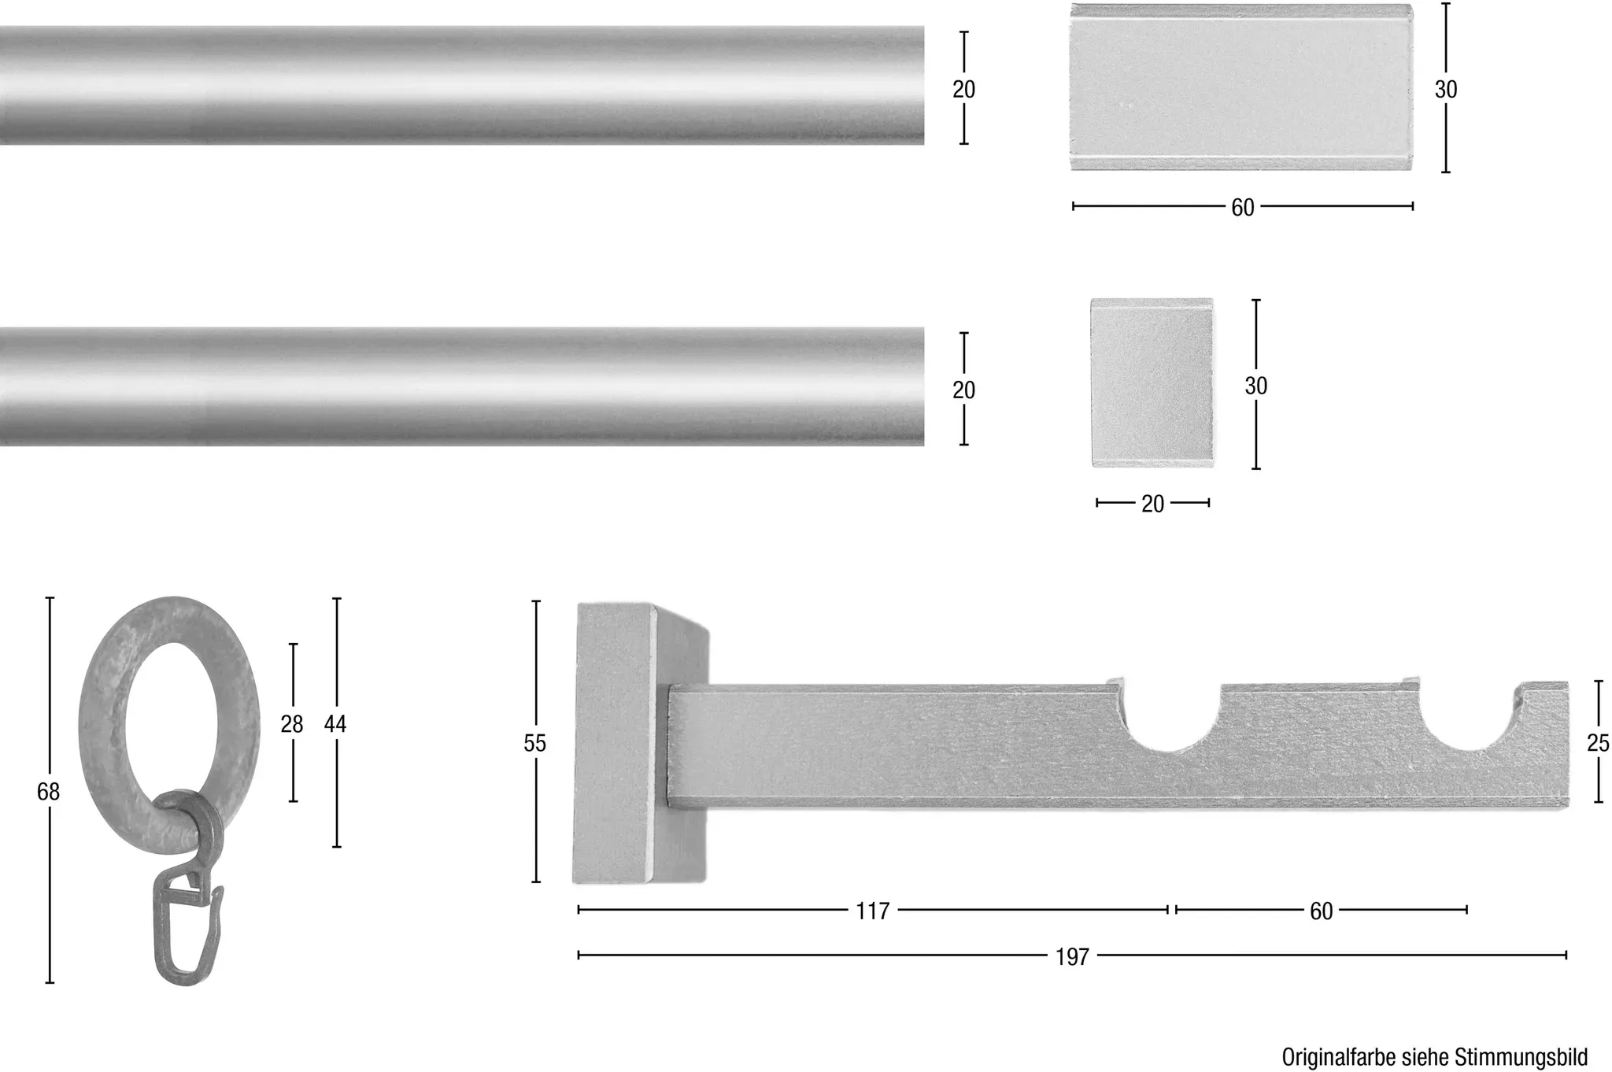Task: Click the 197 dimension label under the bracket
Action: (x=1072, y=956)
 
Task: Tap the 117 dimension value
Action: (x=873, y=911)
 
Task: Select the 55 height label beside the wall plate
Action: (x=535, y=743)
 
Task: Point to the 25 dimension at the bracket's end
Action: (x=1598, y=743)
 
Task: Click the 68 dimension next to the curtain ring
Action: (x=49, y=792)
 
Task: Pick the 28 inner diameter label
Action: (x=292, y=724)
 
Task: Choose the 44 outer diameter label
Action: (x=335, y=724)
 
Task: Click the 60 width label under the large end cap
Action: (x=1243, y=208)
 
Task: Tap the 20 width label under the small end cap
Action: (x=1152, y=504)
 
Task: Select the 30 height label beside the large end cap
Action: (x=1446, y=90)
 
